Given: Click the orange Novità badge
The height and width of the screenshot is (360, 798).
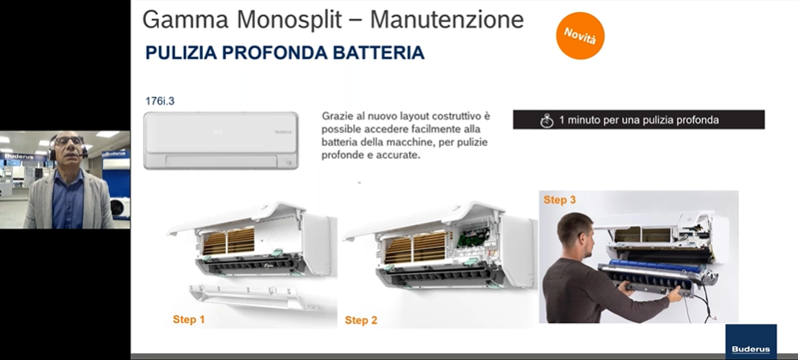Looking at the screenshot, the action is tap(580, 35).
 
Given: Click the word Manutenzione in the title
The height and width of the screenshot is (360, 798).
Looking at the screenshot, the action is tap(447, 20).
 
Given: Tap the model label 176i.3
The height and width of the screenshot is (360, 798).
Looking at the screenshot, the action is tap(160, 101).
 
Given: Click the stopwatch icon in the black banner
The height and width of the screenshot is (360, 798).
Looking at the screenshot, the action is tap(546, 120).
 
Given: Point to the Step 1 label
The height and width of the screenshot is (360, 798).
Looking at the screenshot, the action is tap(189, 320).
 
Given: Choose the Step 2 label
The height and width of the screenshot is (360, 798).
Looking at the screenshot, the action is tap(361, 320).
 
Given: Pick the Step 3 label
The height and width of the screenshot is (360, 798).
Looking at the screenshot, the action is tap(560, 199).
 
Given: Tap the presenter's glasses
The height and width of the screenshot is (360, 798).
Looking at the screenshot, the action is tap(69, 142).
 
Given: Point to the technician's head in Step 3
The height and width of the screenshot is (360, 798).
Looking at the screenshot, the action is tap(575, 235).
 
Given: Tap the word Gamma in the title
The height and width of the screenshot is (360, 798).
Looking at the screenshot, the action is tap(186, 21).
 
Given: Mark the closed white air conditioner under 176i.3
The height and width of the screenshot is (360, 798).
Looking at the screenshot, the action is tap(221, 141).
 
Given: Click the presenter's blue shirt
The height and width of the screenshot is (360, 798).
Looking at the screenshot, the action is tap(68, 199).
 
